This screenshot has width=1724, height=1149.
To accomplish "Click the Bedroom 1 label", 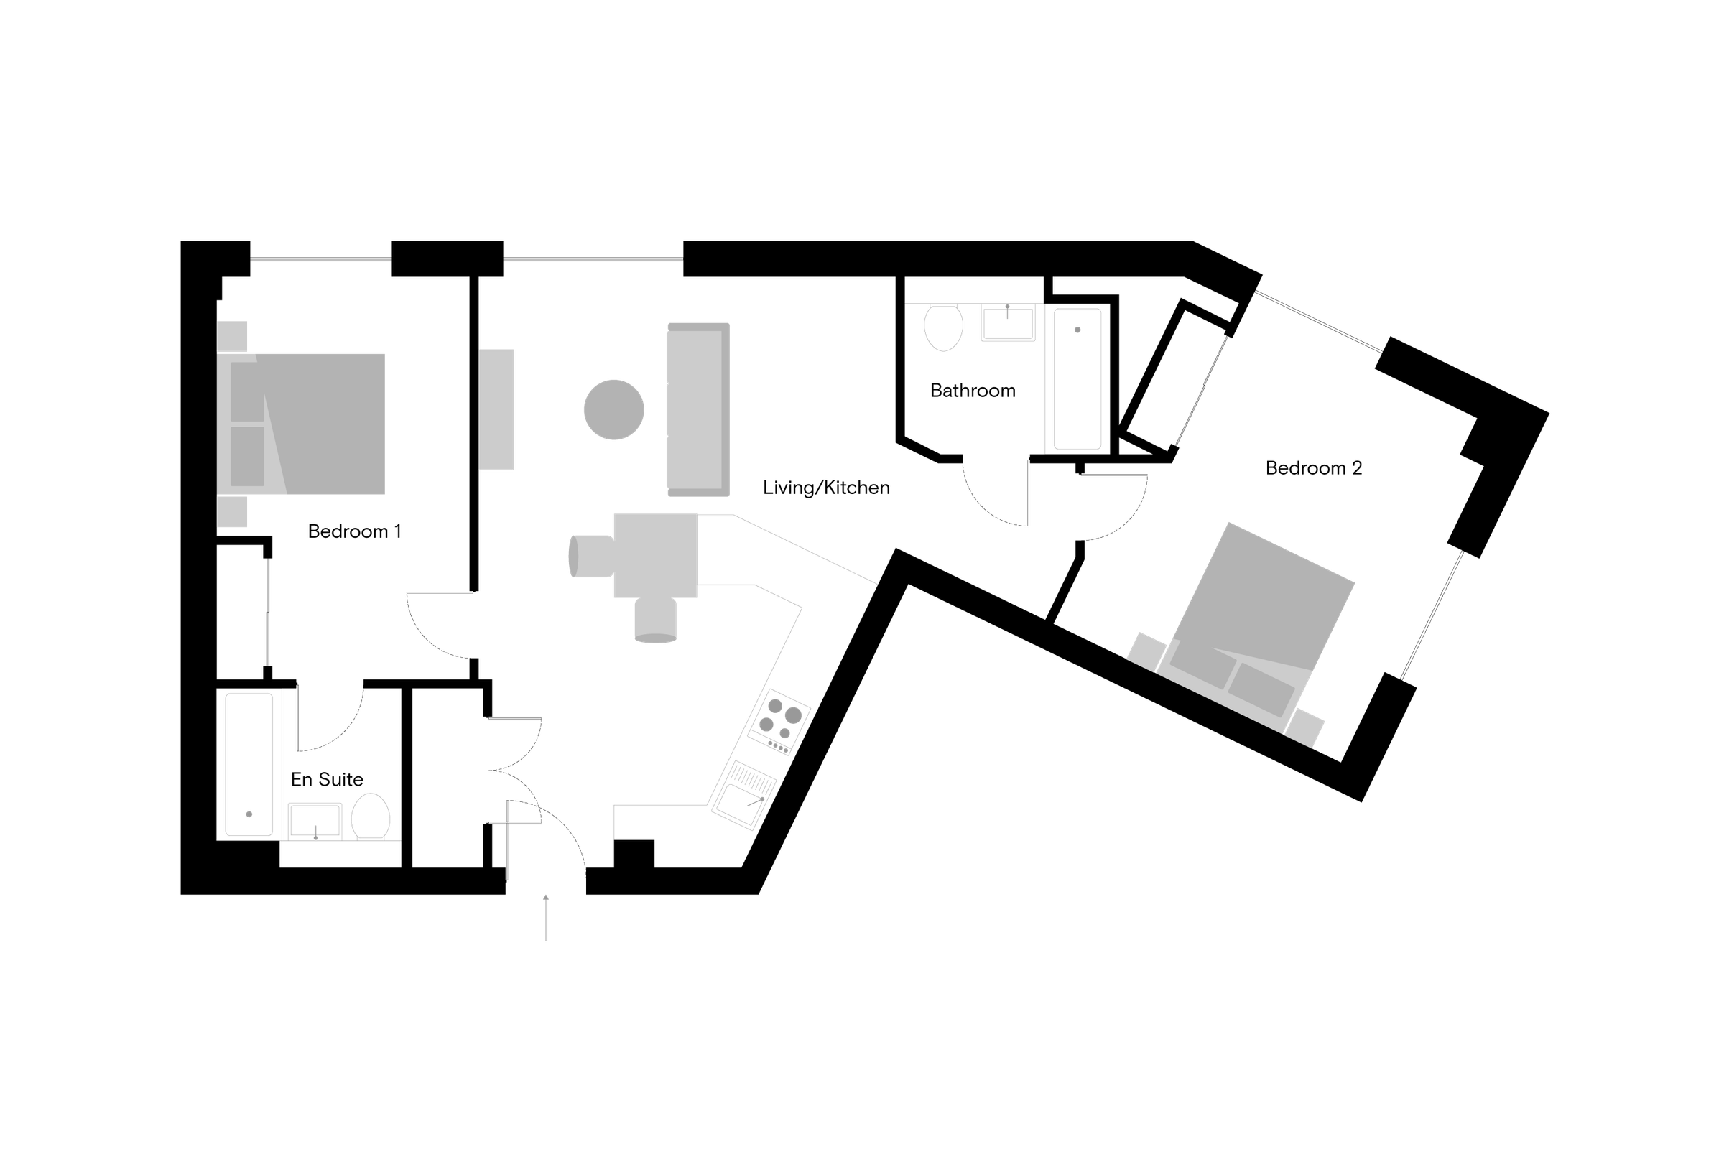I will coord(354,531).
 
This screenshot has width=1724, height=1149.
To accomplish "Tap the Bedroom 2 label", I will coord(1314,467).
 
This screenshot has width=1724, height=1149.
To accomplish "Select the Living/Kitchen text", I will coord(826,488).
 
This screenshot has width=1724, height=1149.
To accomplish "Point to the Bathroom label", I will coord(973,391).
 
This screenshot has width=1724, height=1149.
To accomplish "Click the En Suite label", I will coord(327,779).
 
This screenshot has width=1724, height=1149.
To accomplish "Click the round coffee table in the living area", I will coord(613,409).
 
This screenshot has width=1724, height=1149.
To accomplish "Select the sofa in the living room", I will coord(697,409).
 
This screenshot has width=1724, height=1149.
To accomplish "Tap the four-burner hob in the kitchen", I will coord(779,721).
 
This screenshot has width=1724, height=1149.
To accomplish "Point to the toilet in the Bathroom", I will coord(942,327).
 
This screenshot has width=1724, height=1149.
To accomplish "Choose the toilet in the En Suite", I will coord(370,817).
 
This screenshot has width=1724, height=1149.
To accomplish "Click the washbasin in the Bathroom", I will coord(1008,323).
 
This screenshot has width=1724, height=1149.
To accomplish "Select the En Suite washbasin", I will coord(315,821).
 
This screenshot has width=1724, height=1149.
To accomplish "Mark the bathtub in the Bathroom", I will coord(1077,378).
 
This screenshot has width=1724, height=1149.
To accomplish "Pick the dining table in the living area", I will coord(655,555).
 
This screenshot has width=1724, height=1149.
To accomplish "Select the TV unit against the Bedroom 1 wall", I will coord(496,409).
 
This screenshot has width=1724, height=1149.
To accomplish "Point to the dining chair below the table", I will coord(655,620).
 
